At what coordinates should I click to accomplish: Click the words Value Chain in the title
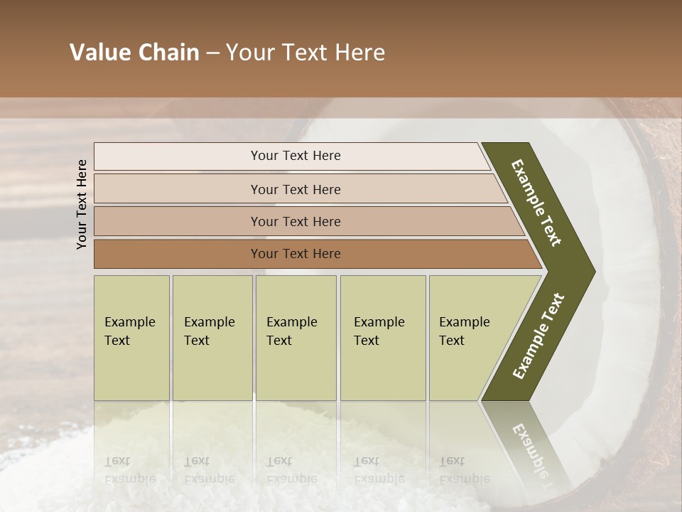[x=134, y=53]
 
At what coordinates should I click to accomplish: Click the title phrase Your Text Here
[x=305, y=53]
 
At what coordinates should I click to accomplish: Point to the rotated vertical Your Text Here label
[x=82, y=204]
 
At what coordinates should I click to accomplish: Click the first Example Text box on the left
[x=131, y=337]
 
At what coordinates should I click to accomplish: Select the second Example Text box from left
[x=212, y=337]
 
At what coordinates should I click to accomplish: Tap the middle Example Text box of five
[x=296, y=337]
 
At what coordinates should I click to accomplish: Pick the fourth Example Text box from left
[x=383, y=337]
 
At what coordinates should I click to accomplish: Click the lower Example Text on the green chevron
[x=538, y=336]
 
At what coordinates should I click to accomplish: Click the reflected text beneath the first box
[x=129, y=469]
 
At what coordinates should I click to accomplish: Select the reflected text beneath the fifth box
[x=464, y=469]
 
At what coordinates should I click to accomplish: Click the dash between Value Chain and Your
[x=212, y=53]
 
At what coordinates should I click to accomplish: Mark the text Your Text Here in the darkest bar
[x=296, y=254]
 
